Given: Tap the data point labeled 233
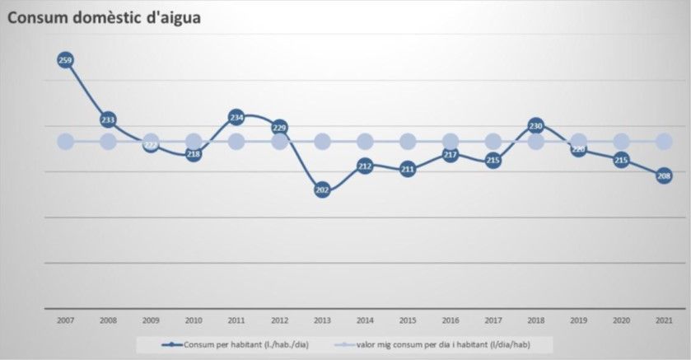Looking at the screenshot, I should [x=108, y=119].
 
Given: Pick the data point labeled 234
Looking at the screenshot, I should [x=236, y=116].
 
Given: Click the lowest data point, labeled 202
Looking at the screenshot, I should [x=322, y=190].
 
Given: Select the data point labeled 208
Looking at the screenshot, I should [x=665, y=175].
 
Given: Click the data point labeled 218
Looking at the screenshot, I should [x=194, y=153].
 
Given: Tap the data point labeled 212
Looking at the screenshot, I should [x=365, y=166].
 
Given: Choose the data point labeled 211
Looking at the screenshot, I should [x=408, y=170].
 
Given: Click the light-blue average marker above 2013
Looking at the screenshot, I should [x=322, y=142].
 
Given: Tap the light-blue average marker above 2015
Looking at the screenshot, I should [x=408, y=142].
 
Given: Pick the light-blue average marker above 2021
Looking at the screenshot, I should [x=665, y=142].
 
